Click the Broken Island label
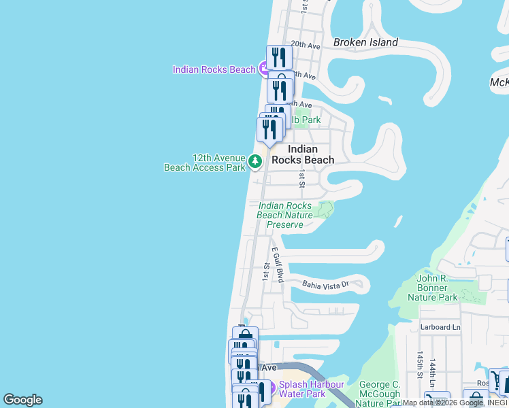[365, 42]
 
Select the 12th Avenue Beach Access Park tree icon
[255, 161]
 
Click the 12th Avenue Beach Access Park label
[204, 162]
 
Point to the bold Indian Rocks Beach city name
[303, 154]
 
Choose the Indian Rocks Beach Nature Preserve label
[286, 215]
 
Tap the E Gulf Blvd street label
[278, 265]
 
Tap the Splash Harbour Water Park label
[312, 389]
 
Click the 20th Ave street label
[306, 46]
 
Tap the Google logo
[22, 400]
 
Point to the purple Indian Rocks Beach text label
[214, 69]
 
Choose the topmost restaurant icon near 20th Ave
[279, 56]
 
